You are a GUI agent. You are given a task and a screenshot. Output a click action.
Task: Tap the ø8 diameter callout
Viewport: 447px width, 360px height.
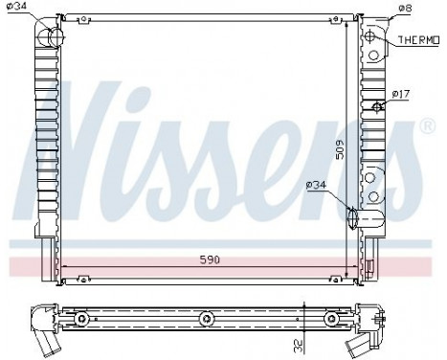(405, 8)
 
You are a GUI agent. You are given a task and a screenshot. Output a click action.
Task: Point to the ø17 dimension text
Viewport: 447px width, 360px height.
(402, 93)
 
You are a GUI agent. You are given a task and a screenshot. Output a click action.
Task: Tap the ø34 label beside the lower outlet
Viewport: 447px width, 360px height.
(317, 185)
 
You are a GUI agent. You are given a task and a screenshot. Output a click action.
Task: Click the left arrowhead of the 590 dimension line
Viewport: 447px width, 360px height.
(63, 266)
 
